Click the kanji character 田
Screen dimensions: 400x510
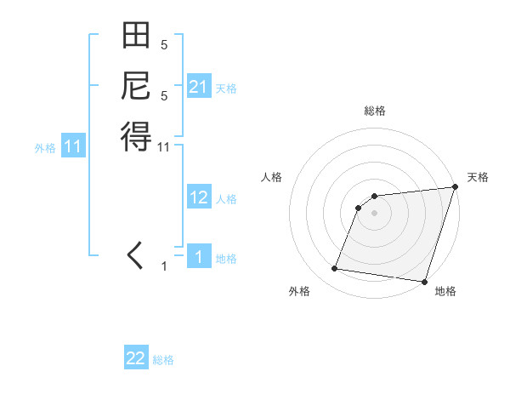coord(136,37)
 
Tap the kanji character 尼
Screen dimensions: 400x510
coord(136,86)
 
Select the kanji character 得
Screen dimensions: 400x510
coord(136,135)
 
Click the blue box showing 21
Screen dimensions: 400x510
coord(199,86)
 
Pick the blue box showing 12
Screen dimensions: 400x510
coord(199,197)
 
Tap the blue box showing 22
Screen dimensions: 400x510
coord(136,358)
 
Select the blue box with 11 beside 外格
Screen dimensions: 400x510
coord(73,146)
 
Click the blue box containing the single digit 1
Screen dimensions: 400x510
coord(199,256)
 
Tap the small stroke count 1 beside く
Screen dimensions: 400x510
coord(164,267)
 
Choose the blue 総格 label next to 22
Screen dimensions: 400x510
coord(163,360)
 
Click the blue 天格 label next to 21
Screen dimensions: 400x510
coord(226,88)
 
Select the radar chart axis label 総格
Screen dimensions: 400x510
coord(375,111)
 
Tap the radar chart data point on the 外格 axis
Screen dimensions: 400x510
coord(334,269)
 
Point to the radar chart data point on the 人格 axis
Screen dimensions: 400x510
coord(360,207)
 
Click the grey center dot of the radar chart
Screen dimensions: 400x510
coord(375,213)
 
